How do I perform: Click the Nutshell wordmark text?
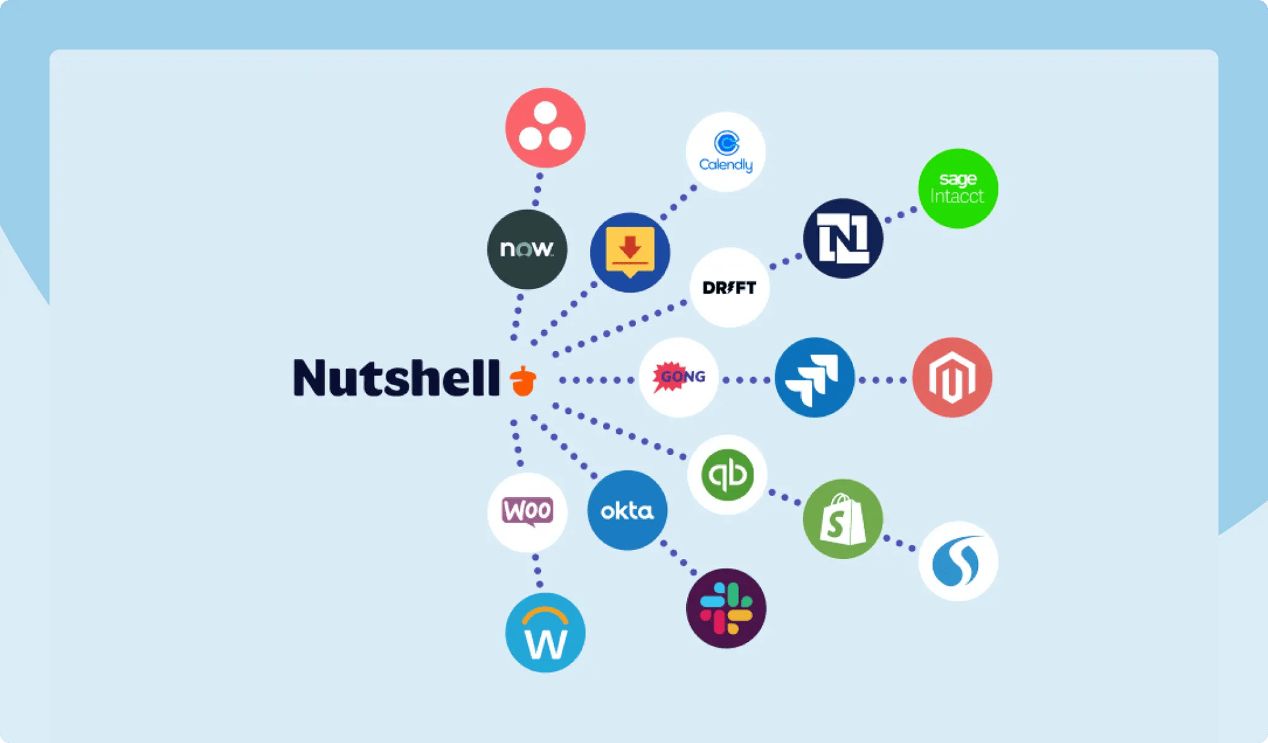(396, 378)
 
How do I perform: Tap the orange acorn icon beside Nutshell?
(523, 380)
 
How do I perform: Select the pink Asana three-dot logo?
(545, 127)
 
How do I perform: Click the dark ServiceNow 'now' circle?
(526, 249)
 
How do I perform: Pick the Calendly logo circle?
(725, 152)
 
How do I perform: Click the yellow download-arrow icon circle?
(629, 252)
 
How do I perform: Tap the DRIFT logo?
(729, 287)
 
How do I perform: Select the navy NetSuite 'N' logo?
(843, 238)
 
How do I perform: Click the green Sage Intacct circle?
(958, 188)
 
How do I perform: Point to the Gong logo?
(678, 377)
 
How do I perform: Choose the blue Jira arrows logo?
(814, 377)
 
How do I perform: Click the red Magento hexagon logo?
(952, 377)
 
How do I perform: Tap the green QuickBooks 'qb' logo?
(726, 474)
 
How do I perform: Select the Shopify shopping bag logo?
(842, 519)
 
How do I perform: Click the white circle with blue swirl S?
(958, 561)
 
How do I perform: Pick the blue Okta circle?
(627, 510)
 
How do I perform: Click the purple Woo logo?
(527, 512)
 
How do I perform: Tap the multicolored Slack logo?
(726, 608)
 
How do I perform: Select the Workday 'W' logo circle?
(545, 633)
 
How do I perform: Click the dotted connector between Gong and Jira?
(746, 380)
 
